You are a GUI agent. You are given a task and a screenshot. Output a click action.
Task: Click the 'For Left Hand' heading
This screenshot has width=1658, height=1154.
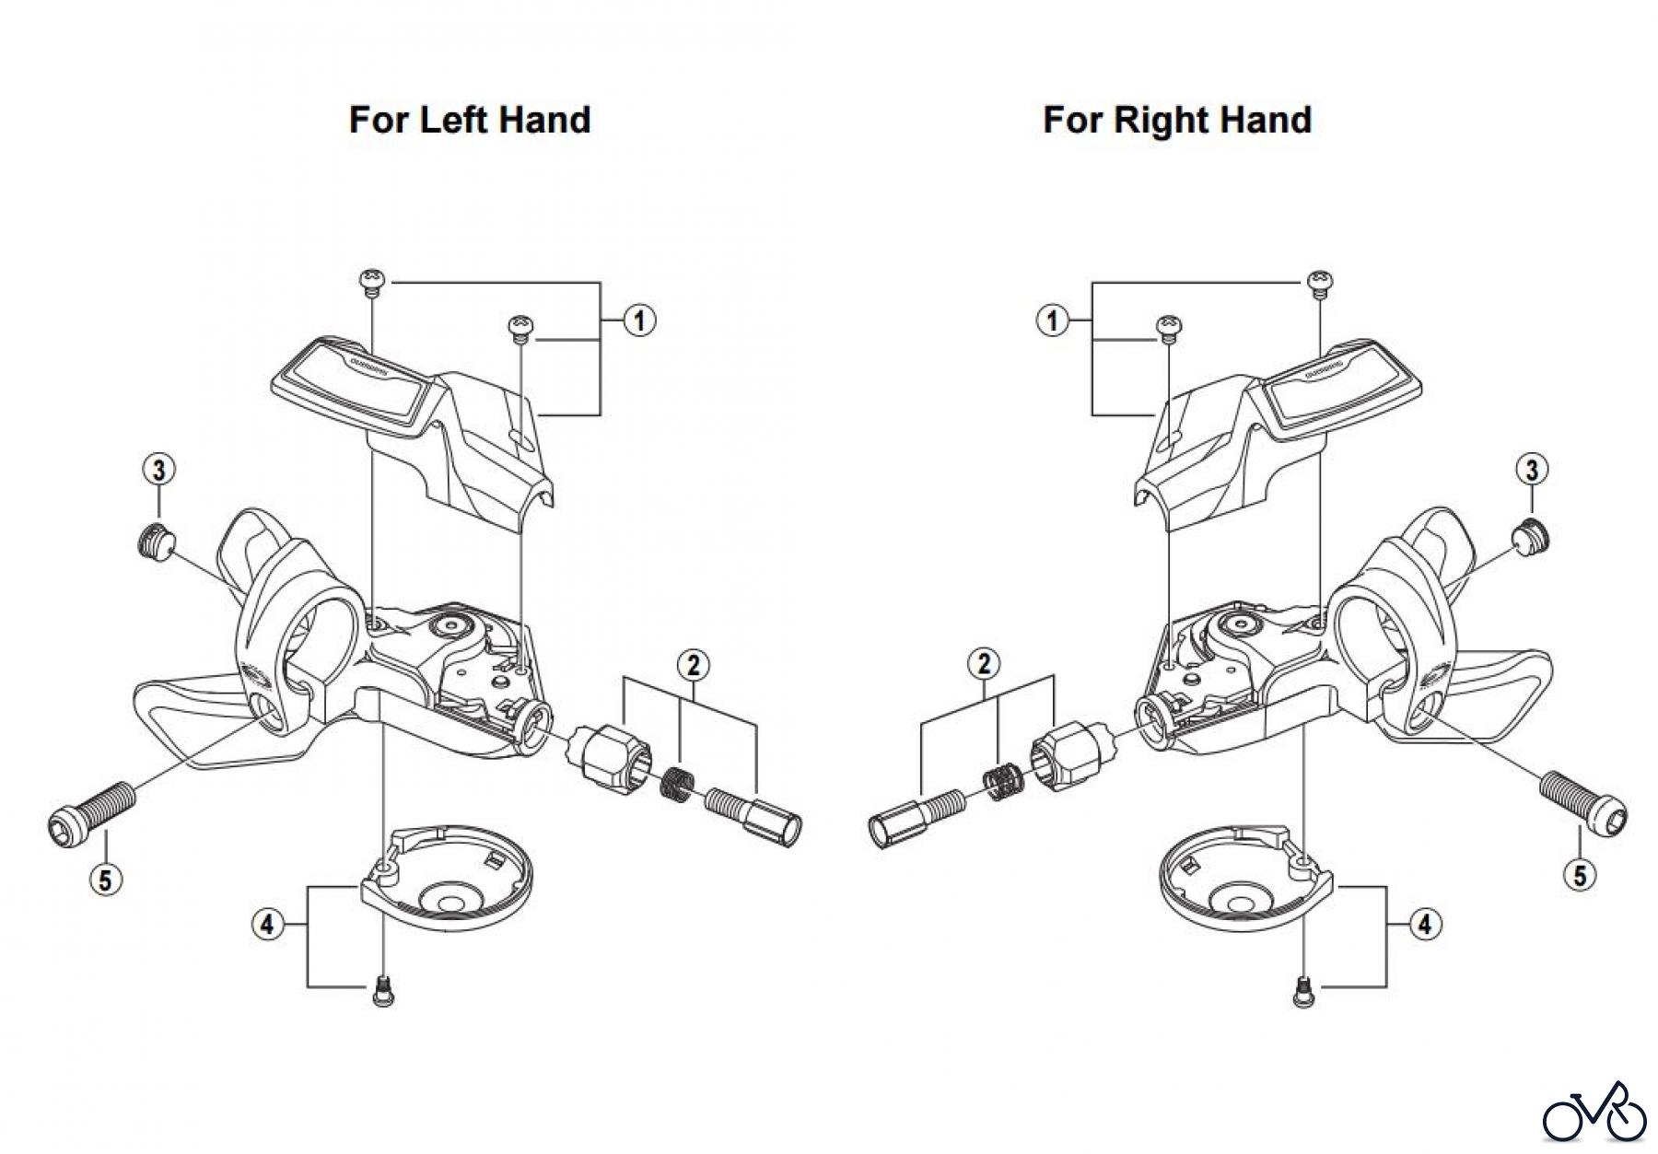470,120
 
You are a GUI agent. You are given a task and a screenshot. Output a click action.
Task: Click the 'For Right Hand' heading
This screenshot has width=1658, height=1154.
1177,120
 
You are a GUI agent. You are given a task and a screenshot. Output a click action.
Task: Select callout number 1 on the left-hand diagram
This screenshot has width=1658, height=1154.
638,321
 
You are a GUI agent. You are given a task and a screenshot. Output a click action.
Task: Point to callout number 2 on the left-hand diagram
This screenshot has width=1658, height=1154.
693,663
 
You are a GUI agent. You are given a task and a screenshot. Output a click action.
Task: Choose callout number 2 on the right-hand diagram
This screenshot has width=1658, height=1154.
985,663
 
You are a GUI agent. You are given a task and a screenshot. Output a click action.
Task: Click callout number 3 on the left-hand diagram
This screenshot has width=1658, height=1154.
159,470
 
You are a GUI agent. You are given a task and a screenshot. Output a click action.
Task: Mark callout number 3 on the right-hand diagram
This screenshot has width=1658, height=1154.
1531,470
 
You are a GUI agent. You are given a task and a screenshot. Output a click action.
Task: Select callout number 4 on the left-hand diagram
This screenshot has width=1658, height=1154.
267,924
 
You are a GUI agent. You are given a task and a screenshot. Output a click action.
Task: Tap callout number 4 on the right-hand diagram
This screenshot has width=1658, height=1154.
1425,924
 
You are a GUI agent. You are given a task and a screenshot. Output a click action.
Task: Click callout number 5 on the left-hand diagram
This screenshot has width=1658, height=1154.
105,880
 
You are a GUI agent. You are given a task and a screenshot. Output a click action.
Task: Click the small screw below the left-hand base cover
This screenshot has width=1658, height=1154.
384,992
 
